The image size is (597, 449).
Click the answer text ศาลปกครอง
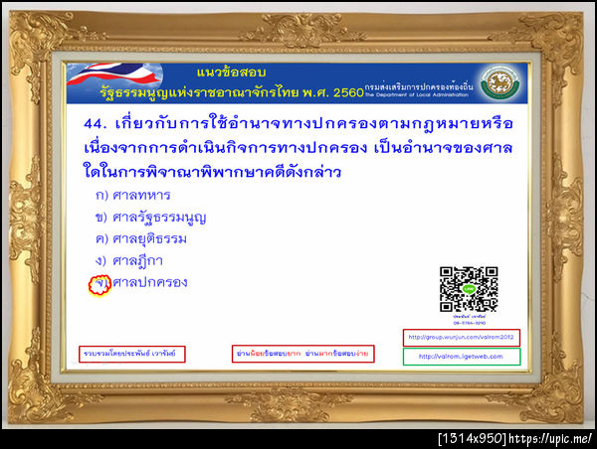149,283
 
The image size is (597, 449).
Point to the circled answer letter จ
99,284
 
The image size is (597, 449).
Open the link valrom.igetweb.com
462,357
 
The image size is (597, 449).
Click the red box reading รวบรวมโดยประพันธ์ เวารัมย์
132,354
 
